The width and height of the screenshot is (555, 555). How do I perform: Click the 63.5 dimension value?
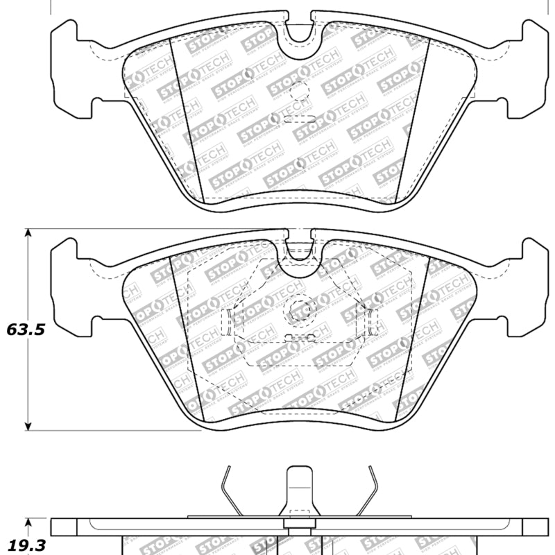(26, 330)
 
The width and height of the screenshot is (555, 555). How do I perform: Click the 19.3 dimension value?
(26, 546)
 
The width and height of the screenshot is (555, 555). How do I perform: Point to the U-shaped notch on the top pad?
(299, 31)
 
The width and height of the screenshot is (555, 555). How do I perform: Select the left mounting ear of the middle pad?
(69, 284)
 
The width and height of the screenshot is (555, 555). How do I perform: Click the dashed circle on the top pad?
(298, 90)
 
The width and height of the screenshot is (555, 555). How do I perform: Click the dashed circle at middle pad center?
(300, 308)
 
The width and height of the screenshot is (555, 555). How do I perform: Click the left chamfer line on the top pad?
(185, 118)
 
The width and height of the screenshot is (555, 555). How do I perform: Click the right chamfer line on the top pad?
(414, 118)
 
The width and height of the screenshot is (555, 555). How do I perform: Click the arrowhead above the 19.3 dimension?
(28, 522)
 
